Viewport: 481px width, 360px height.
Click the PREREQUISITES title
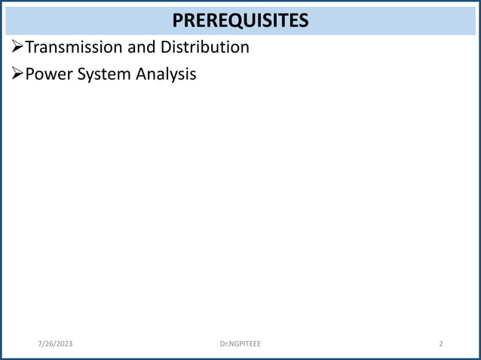click(x=240, y=20)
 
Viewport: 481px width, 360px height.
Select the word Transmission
click(x=70, y=47)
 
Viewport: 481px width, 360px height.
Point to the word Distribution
click(x=204, y=47)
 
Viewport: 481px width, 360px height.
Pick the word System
click(x=101, y=75)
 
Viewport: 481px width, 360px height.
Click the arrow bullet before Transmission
click(x=18, y=48)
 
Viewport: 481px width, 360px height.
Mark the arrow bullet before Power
click(x=18, y=75)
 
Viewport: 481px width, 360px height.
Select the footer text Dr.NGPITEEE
click(x=240, y=344)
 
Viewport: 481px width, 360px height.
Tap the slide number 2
click(x=441, y=344)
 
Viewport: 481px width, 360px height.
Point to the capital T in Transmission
click(x=30, y=47)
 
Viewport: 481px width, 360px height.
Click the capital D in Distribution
click(x=164, y=47)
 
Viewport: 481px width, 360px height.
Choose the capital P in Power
click(x=30, y=75)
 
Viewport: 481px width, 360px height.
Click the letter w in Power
click(x=50, y=75)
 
